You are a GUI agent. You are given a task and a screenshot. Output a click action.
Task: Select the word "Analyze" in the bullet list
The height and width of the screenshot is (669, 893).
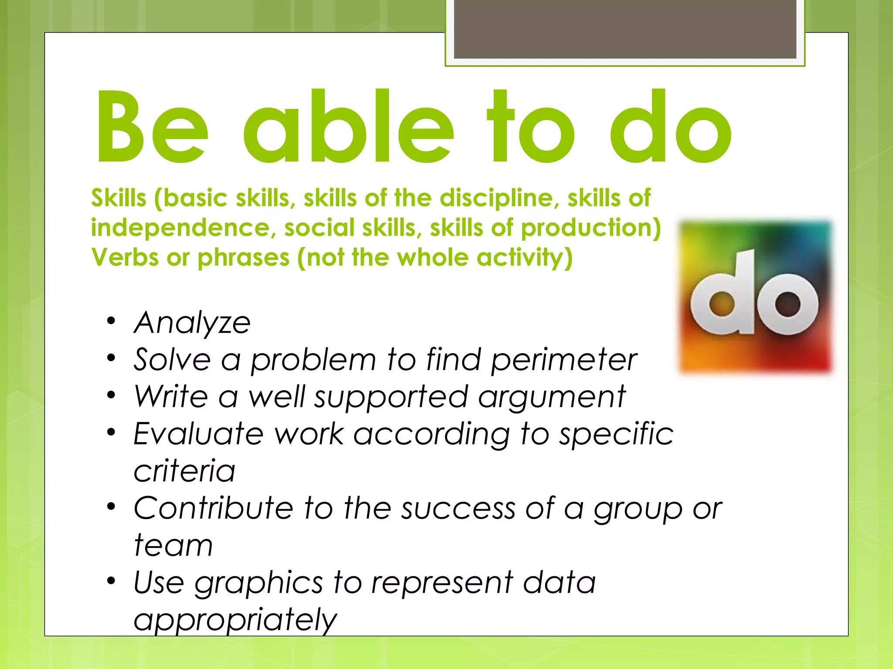click(x=192, y=323)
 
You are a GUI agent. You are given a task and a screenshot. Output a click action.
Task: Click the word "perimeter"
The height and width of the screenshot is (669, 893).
click(x=564, y=360)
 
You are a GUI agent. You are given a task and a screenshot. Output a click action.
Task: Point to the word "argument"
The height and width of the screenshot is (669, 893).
click(x=552, y=397)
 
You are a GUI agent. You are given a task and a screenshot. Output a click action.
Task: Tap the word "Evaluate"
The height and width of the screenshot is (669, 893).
click(x=199, y=434)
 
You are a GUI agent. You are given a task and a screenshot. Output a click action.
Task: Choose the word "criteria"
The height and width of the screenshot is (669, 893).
click(x=184, y=471)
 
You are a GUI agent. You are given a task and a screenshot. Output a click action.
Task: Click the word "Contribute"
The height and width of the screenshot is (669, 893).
click(x=213, y=508)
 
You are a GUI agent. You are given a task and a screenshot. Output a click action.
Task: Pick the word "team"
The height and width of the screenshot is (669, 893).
click(x=173, y=545)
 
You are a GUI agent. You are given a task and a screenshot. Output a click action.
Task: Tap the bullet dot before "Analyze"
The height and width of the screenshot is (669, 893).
click(x=112, y=321)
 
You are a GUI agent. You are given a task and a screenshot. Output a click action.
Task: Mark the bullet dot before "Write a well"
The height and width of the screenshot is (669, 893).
click(x=112, y=395)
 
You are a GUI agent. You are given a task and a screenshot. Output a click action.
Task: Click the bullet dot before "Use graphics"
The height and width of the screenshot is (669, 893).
click(x=112, y=581)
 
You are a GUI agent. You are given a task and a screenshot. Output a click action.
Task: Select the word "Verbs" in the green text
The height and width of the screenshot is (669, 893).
click(x=125, y=257)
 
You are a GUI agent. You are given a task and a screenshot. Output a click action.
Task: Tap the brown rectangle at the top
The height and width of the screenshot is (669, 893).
click(x=625, y=29)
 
